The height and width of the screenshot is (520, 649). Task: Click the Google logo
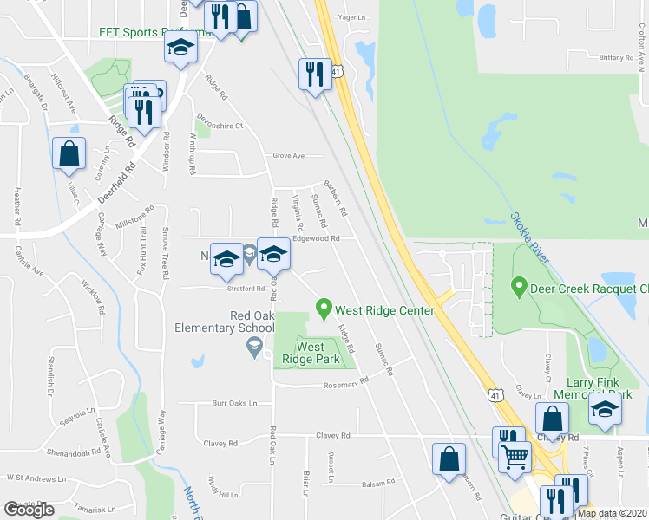(x=29, y=510)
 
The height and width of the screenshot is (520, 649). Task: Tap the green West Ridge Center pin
(x=324, y=308)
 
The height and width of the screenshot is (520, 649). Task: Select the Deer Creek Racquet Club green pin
(x=519, y=284)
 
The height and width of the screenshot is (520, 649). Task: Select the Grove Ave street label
(x=289, y=156)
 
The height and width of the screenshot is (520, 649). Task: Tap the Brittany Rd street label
(x=617, y=57)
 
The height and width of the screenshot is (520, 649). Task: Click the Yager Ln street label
(x=351, y=16)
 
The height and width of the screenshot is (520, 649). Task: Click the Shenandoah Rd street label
(x=68, y=452)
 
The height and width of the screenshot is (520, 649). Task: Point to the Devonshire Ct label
(x=221, y=126)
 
